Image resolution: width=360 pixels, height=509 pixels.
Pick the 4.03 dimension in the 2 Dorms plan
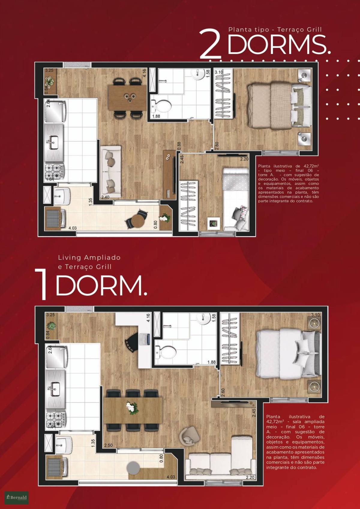[73, 228]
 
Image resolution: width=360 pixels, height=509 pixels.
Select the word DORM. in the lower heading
[101, 285]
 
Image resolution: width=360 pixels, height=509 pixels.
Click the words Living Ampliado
[89, 258]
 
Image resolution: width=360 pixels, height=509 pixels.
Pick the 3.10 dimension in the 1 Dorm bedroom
[315, 315]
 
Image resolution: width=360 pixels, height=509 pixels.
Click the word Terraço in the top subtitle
[293, 29]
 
